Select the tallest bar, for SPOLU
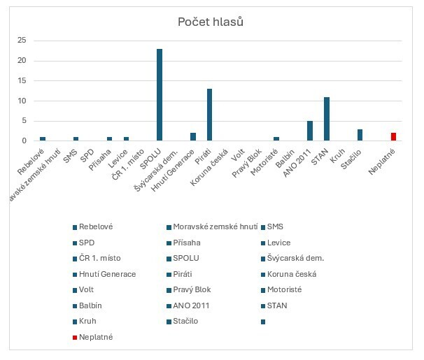160,95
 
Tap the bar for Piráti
209,115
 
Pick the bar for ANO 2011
310,131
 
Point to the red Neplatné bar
393,137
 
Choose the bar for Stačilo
360,135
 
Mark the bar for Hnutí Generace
193,137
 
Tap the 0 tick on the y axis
24,141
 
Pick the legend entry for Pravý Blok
192,289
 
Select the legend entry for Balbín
90,305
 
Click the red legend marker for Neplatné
74,338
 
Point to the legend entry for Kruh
87,322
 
